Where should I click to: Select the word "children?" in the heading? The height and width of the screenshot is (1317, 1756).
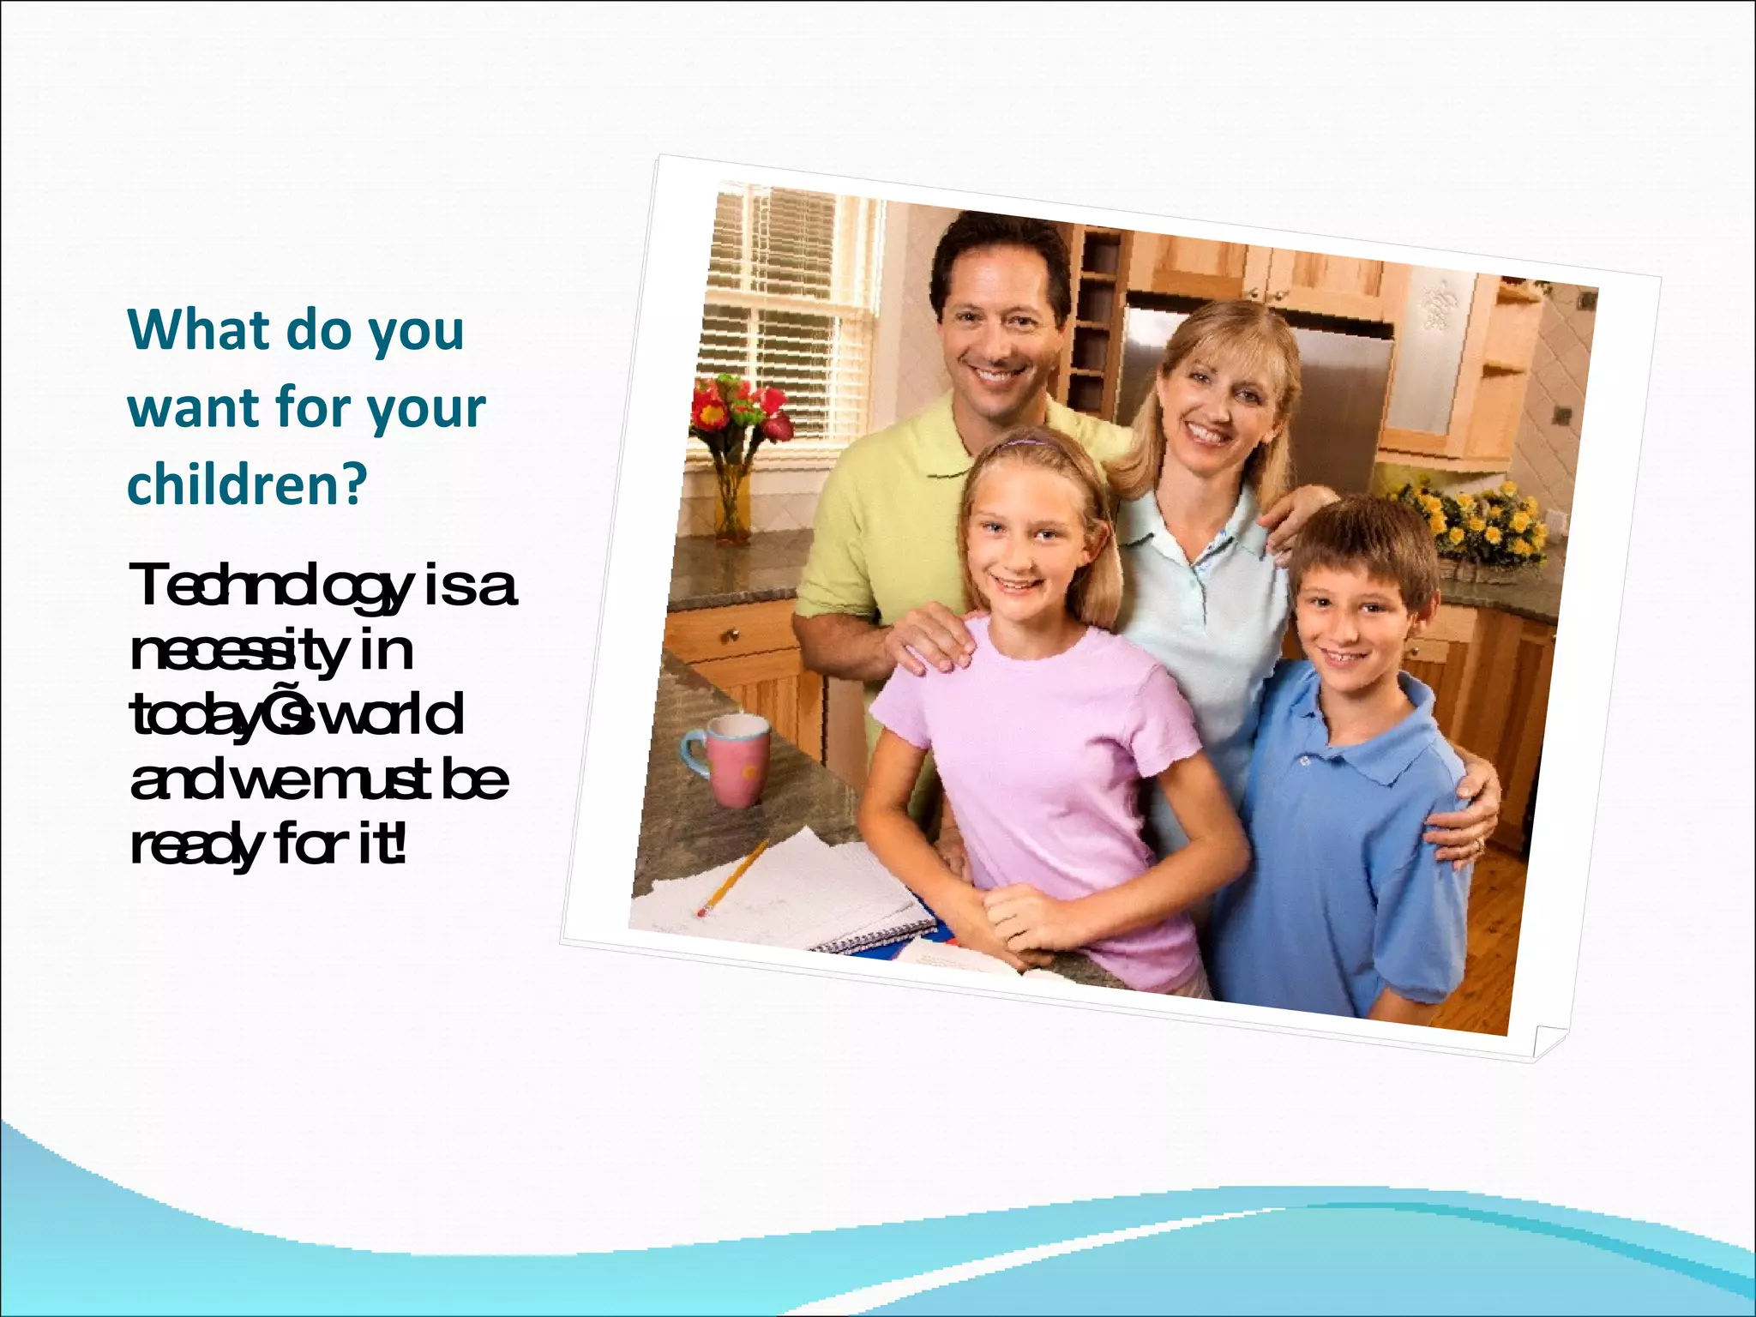(x=247, y=484)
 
